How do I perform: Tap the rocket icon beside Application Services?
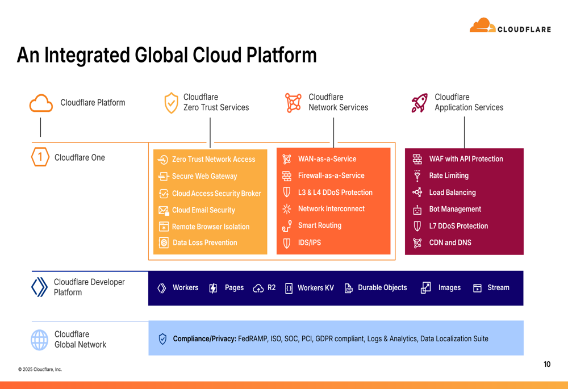419,103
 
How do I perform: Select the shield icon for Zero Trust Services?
171,103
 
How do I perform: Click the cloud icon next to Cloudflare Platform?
41,103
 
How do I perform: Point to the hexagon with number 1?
40,157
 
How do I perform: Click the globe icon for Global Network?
40,340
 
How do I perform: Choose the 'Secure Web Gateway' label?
204,176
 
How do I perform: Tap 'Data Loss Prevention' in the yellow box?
205,242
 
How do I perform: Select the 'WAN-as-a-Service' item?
327,159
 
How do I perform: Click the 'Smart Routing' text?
320,225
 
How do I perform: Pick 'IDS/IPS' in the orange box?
310,242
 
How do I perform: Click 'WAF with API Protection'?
466,159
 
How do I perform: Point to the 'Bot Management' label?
455,209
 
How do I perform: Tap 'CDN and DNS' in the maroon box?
450,242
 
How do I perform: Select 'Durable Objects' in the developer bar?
382,287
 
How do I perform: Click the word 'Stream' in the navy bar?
498,287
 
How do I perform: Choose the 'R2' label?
272,287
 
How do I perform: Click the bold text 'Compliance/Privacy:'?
204,338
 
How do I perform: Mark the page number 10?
547,364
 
